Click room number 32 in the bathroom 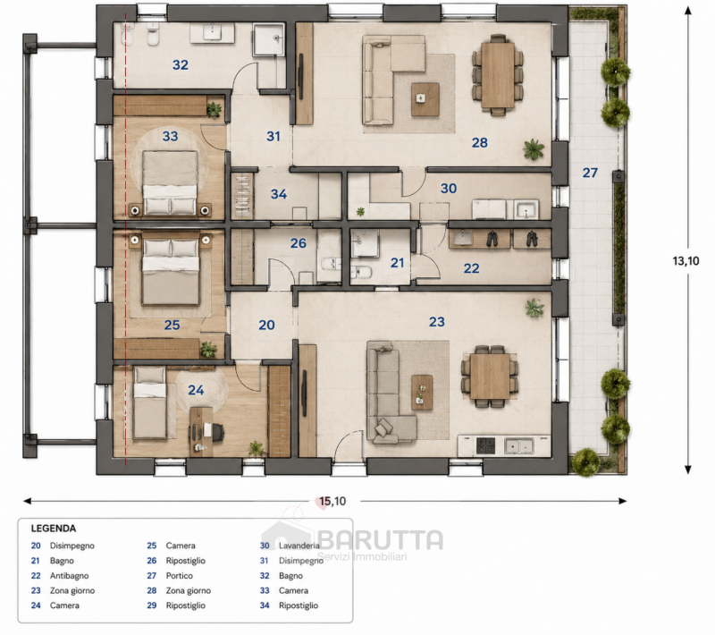[x=181, y=64]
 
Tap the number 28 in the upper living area [x=480, y=143]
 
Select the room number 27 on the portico [x=590, y=173]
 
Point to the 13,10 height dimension [x=686, y=261]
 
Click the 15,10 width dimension [x=332, y=502]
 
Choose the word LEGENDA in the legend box [x=54, y=529]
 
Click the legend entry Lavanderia [x=299, y=546]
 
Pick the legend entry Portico [x=180, y=576]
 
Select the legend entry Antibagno [x=70, y=576]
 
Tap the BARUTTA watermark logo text [x=381, y=539]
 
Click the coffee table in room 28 [x=425, y=99]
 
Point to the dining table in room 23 [x=490, y=377]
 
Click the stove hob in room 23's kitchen [x=485, y=445]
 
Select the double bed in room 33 [x=170, y=182]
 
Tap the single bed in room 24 [x=149, y=402]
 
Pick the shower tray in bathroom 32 [x=269, y=39]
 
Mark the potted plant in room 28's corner [x=533, y=149]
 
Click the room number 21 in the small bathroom [x=397, y=263]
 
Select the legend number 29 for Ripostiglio [x=152, y=605]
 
